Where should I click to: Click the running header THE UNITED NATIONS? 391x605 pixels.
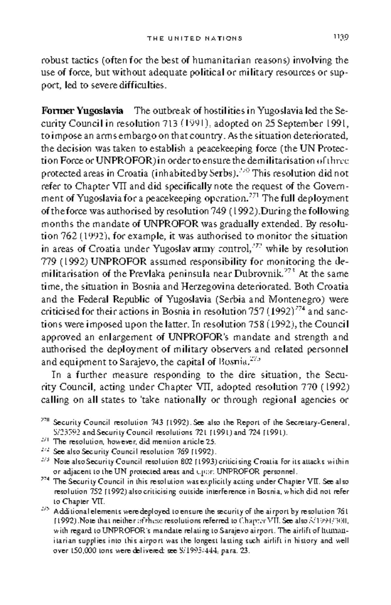click(x=195, y=38)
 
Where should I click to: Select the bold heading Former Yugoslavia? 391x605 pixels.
click(x=82, y=111)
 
